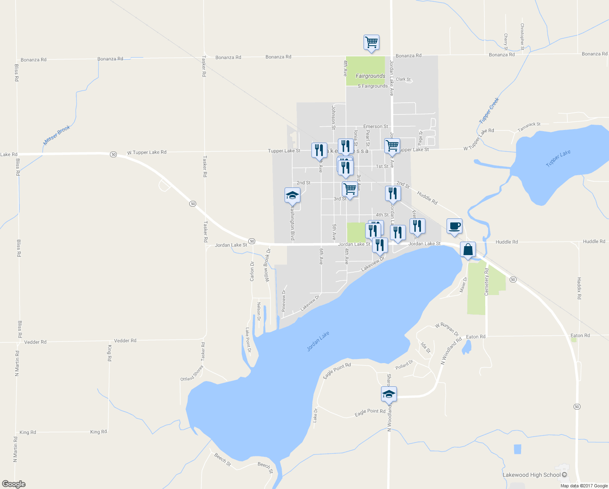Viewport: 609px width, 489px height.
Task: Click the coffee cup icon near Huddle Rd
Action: click(x=454, y=226)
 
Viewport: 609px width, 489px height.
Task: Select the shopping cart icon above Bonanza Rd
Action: click(x=371, y=42)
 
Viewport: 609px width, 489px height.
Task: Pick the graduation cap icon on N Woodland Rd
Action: click(x=389, y=394)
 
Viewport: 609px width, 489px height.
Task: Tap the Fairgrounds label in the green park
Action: click(x=370, y=76)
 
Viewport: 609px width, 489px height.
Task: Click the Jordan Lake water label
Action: click(x=318, y=341)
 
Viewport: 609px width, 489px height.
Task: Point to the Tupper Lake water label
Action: click(x=558, y=159)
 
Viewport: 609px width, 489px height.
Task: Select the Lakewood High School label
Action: click(x=532, y=475)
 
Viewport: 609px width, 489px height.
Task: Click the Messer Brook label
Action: click(x=57, y=135)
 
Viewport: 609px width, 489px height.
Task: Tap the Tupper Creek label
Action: click(x=489, y=110)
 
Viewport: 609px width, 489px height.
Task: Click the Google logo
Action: click(x=13, y=484)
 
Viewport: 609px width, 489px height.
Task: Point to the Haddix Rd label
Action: click(x=579, y=288)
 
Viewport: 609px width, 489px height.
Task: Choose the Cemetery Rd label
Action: click(x=486, y=282)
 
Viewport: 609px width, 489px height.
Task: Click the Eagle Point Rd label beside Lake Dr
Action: click(x=370, y=412)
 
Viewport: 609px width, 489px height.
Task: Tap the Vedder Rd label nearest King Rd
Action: click(x=125, y=341)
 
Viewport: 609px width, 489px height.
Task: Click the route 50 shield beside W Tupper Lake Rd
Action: click(x=113, y=154)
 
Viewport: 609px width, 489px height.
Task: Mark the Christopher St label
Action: click(x=522, y=34)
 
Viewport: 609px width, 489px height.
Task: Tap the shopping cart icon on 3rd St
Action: click(x=350, y=189)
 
